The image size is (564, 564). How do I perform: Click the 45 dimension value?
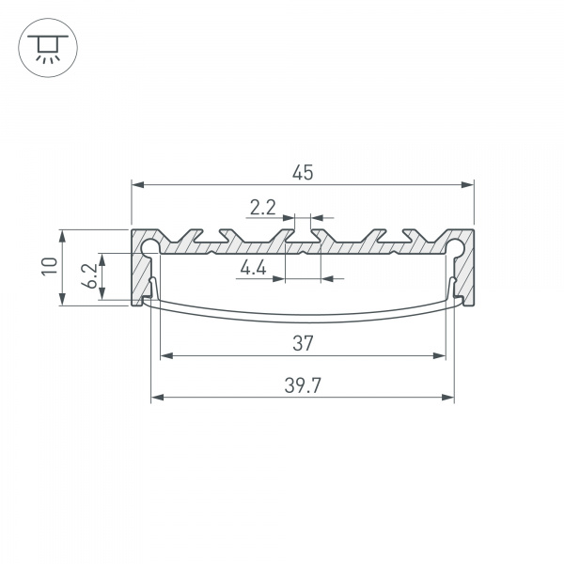click(302, 172)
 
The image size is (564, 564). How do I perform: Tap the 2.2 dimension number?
click(262, 206)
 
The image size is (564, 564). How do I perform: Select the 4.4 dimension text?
click(254, 270)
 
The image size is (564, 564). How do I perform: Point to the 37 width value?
click(302, 343)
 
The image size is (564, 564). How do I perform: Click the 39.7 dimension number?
click(302, 385)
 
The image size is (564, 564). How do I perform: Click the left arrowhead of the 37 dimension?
click(167, 355)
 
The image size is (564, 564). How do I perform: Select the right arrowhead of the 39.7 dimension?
click(448, 398)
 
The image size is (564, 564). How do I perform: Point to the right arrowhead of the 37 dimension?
click(438, 355)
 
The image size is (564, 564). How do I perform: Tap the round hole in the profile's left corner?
click(149, 248)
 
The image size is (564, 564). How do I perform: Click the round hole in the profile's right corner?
click(456, 248)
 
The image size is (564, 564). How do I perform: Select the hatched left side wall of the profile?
click(138, 273)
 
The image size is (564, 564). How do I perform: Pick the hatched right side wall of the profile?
click(466, 273)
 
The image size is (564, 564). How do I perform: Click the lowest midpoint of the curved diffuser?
click(302, 319)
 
